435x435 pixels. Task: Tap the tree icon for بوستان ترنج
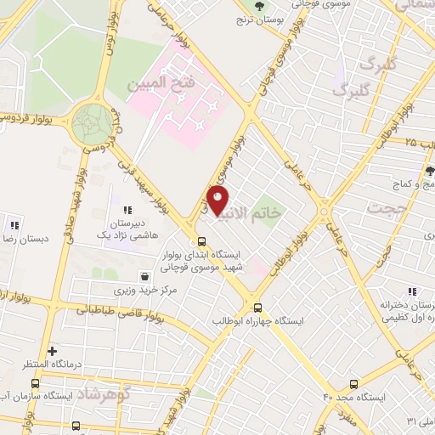click(260, 5)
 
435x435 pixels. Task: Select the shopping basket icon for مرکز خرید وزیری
click(146, 276)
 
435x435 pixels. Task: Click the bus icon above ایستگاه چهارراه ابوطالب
click(258, 308)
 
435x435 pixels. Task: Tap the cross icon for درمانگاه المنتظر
click(53, 351)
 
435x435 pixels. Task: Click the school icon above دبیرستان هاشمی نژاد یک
click(127, 210)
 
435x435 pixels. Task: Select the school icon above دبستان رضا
click(14, 225)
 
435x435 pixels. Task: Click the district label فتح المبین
click(161, 85)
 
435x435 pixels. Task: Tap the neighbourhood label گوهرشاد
click(105, 396)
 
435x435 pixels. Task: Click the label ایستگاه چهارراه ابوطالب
click(260, 322)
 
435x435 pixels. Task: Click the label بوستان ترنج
click(260, 19)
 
